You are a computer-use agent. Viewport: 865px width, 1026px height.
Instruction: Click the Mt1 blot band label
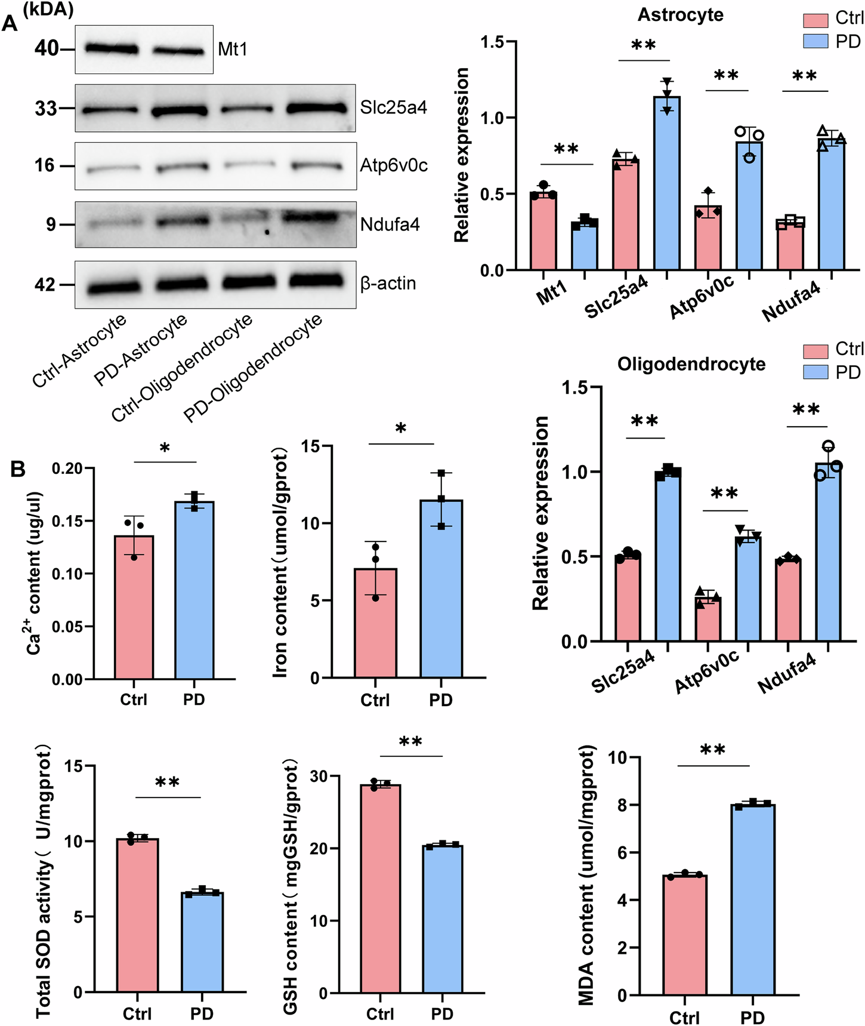pos(233,49)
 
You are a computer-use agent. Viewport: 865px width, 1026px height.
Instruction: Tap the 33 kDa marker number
pos(45,109)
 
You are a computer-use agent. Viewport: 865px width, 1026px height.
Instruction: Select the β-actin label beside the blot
pos(388,284)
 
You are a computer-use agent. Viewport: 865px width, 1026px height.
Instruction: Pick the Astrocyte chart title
pos(680,15)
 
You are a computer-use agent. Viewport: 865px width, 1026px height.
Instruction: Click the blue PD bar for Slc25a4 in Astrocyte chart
pos(666,185)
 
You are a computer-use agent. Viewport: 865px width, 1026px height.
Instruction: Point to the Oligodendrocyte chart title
pos(691,364)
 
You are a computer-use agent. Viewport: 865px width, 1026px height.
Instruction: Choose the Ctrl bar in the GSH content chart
pos(380,889)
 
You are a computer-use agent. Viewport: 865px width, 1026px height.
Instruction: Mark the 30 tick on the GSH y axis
pos(319,776)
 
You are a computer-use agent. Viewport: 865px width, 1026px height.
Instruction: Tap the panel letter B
pos(18,470)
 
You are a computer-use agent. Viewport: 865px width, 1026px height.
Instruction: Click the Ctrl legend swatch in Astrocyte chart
pos(815,19)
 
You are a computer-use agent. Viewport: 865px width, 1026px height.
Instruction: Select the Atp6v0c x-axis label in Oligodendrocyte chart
pos(708,671)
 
